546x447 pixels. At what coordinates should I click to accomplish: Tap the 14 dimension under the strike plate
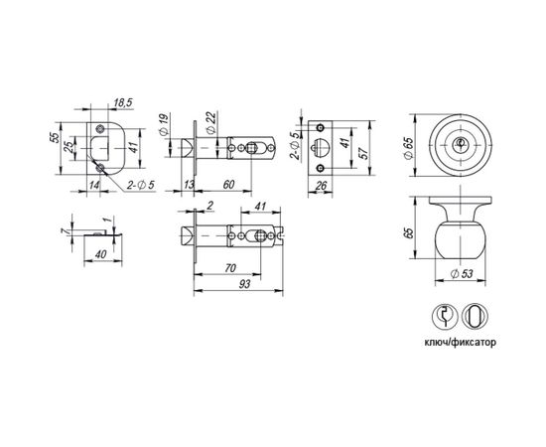pyautogui.click(x=92, y=184)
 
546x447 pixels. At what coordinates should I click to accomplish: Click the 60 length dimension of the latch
pyautogui.click(x=227, y=185)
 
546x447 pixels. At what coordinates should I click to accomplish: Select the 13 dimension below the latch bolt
pyautogui.click(x=190, y=185)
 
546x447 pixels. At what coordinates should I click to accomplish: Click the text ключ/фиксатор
pyautogui.click(x=459, y=341)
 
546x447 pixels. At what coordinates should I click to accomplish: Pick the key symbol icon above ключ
pyautogui.click(x=444, y=317)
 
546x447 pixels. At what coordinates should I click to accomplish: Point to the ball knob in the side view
pyautogui.click(x=459, y=235)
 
